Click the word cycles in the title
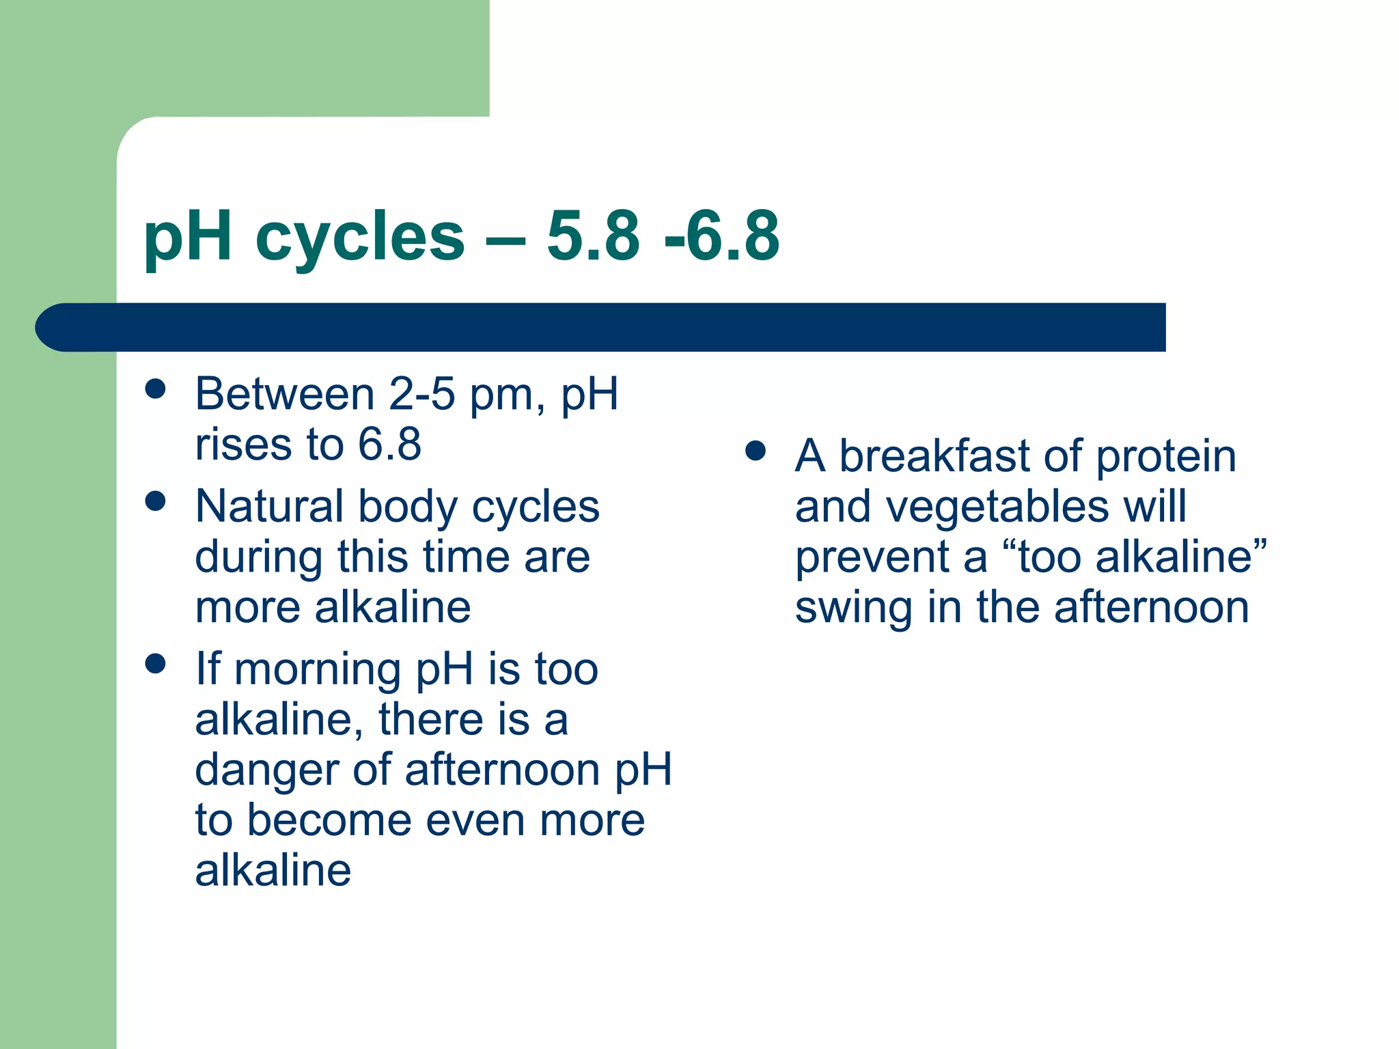[359, 238]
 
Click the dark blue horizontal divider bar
[601, 327]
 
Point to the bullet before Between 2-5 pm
[156, 389]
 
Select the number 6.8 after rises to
[389, 445]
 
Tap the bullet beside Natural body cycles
[156, 501]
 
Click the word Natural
[269, 507]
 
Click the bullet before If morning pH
[156, 663]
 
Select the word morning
[318, 671]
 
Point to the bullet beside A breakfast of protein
[755, 451]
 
